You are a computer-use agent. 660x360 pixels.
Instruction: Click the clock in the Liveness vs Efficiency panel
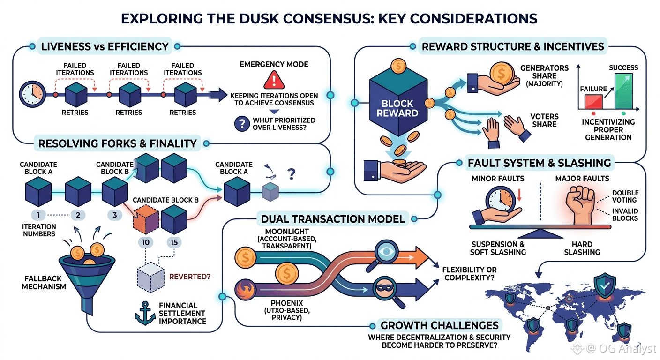click(32, 94)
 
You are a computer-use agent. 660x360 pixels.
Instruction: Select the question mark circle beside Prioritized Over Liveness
click(242, 124)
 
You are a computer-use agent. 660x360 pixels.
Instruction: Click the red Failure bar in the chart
click(593, 102)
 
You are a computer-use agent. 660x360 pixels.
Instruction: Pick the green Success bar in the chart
click(623, 91)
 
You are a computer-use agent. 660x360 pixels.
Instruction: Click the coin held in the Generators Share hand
click(502, 74)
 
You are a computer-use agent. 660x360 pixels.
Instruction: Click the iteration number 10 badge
click(146, 242)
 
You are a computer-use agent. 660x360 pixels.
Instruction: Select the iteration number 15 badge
click(174, 242)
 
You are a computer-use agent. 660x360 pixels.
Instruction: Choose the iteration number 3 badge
click(115, 215)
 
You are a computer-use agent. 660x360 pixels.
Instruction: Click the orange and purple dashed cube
click(146, 220)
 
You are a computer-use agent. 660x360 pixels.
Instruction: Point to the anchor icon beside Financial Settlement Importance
click(145, 313)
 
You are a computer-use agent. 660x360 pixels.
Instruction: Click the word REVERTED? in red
click(190, 277)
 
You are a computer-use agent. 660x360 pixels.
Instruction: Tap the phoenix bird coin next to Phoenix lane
click(245, 290)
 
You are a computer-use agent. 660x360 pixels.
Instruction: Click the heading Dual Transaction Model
click(333, 219)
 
